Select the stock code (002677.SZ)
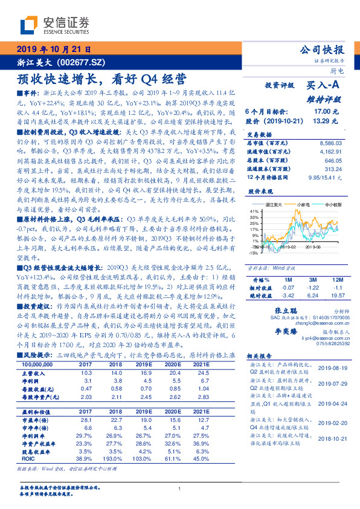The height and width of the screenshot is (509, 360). click(x=80, y=62)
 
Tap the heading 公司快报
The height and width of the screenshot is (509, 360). click(x=322, y=50)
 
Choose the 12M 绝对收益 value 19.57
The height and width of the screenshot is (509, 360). click(x=336, y=295)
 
